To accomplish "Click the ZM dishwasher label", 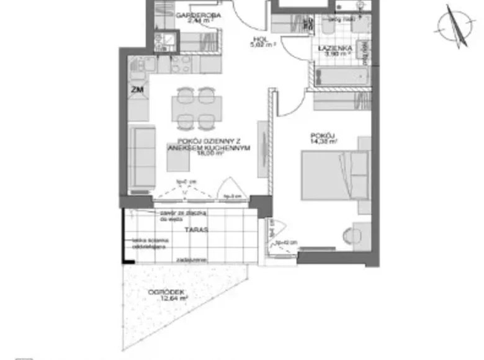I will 137,90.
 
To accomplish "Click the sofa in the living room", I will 142,156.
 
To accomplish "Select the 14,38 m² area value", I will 325,141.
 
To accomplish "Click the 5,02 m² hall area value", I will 261,44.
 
